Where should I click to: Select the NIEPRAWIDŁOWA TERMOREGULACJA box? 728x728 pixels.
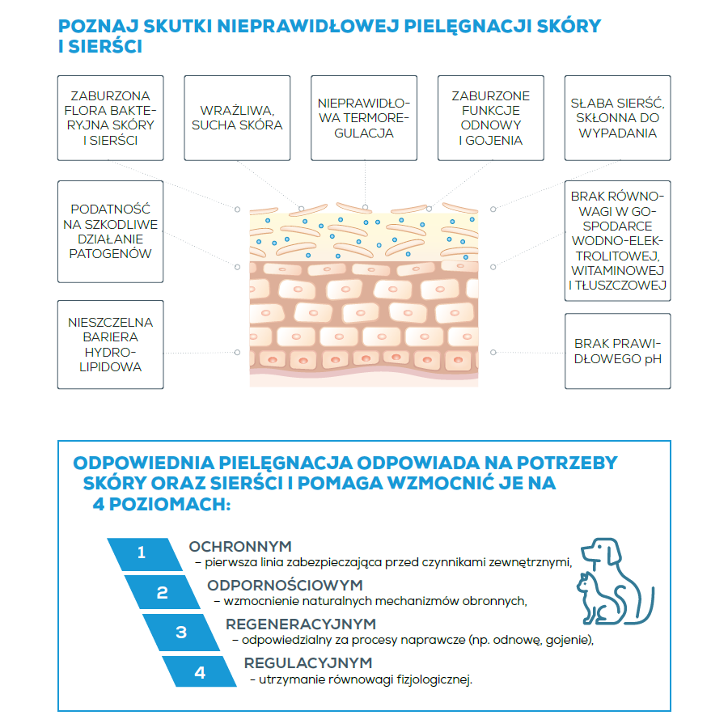click(x=364, y=118)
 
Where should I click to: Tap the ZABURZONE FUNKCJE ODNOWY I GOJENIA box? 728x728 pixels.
click(x=491, y=118)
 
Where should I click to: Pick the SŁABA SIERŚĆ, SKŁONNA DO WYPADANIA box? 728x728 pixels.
click(x=618, y=118)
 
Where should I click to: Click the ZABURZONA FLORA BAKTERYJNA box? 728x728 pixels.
click(x=110, y=118)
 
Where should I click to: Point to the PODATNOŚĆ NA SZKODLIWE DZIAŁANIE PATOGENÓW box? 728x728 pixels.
click(x=110, y=231)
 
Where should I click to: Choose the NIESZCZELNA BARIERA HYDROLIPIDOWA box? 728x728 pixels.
click(x=110, y=345)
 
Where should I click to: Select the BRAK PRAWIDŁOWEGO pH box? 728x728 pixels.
click(x=618, y=351)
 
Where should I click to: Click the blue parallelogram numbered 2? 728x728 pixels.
click(x=162, y=592)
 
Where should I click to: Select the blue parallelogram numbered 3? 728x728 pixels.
click(x=181, y=632)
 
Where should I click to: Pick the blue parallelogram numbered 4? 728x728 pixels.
click(x=200, y=671)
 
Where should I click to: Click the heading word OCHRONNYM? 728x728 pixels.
click(x=240, y=546)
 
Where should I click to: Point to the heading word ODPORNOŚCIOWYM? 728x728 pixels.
click(x=285, y=585)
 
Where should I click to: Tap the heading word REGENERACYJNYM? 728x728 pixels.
click(x=301, y=624)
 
